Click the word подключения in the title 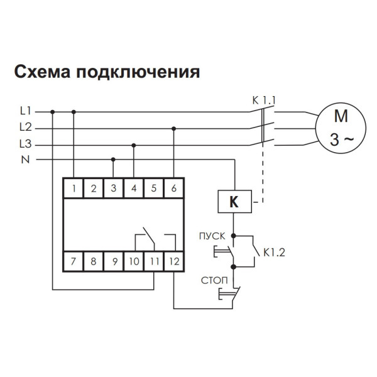pos(138,72)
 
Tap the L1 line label pos(26,111)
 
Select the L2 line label pos(26,127)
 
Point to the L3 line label pos(26,143)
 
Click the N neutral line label pos(26,160)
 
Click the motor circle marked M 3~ pos(340,128)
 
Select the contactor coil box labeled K pos(234,202)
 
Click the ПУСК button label pos(212,237)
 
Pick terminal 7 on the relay pos(74,260)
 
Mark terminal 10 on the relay pos(133,260)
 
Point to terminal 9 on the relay pos(113,260)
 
